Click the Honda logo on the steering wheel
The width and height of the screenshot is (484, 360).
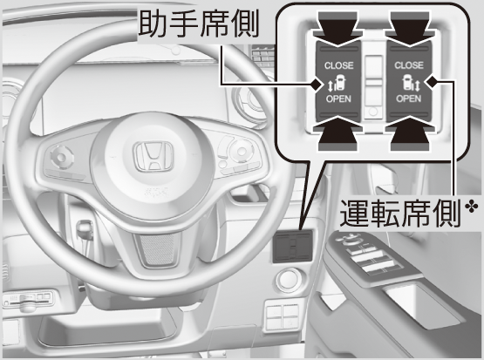[x=153, y=156]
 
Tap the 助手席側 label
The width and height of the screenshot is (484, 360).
[x=198, y=25]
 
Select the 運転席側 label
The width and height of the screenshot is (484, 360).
[x=400, y=214]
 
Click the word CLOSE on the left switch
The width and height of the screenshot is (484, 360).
[x=338, y=65]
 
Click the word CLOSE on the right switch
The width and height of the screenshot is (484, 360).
[x=409, y=65]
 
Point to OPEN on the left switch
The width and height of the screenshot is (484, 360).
[x=338, y=98]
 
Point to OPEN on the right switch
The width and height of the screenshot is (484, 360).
[x=409, y=98]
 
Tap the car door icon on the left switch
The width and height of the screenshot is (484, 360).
[x=339, y=82]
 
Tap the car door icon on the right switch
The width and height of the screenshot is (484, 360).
[x=407, y=82]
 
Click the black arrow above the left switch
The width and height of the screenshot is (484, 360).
[x=338, y=29]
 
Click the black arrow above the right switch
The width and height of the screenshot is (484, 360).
[x=410, y=29]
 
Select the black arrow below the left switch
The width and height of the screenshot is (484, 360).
[x=338, y=133]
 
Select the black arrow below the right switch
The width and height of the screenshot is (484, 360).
[x=410, y=133]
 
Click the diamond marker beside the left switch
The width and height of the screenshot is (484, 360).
[x=316, y=85]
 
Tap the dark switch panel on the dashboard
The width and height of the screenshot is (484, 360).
[x=293, y=247]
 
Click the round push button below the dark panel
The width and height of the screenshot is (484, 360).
[x=290, y=279]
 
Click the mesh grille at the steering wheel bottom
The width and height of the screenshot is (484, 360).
[x=159, y=248]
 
